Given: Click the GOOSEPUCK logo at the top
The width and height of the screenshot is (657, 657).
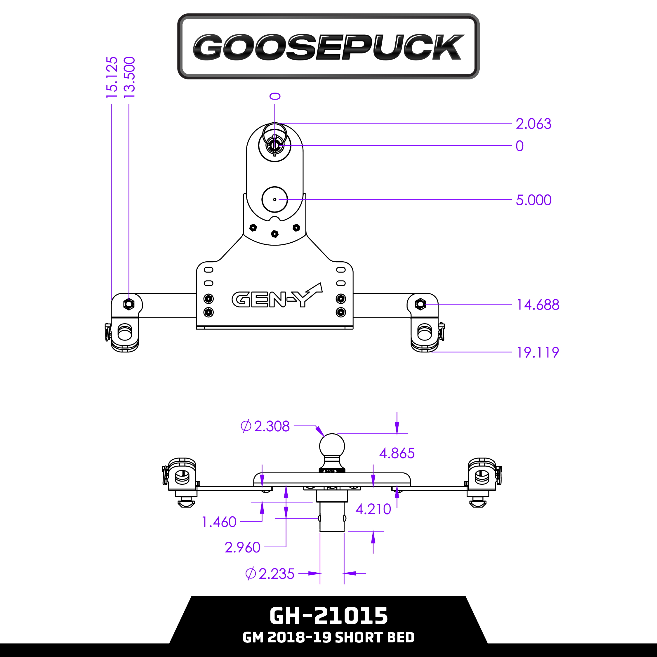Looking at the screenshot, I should pos(328,47).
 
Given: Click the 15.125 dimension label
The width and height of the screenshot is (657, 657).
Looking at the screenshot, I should pos(112,78).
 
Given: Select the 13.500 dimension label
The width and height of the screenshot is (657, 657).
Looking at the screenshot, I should pos(130,78).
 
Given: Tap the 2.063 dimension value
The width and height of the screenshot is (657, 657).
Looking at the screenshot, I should pos(533,124).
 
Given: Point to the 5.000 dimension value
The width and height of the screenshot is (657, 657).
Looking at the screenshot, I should pos(533,200).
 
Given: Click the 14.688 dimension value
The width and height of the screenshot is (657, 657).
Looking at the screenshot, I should pos(538,305).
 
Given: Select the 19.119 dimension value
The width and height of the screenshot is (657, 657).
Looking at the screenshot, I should pos(538,353).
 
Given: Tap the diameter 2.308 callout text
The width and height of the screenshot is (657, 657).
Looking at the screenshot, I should pos(265,426).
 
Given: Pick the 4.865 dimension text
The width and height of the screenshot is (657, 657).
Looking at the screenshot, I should pos(397,453).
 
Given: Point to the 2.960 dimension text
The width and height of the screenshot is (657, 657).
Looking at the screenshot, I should pos(242,547).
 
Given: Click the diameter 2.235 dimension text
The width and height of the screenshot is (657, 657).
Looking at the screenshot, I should pos(270,574).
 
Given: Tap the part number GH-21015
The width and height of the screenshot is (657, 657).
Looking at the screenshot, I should pos(328,616).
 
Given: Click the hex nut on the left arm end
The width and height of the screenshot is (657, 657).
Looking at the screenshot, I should pos(128,304).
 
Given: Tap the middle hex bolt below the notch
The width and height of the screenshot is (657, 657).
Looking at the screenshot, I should pos(275,234).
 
